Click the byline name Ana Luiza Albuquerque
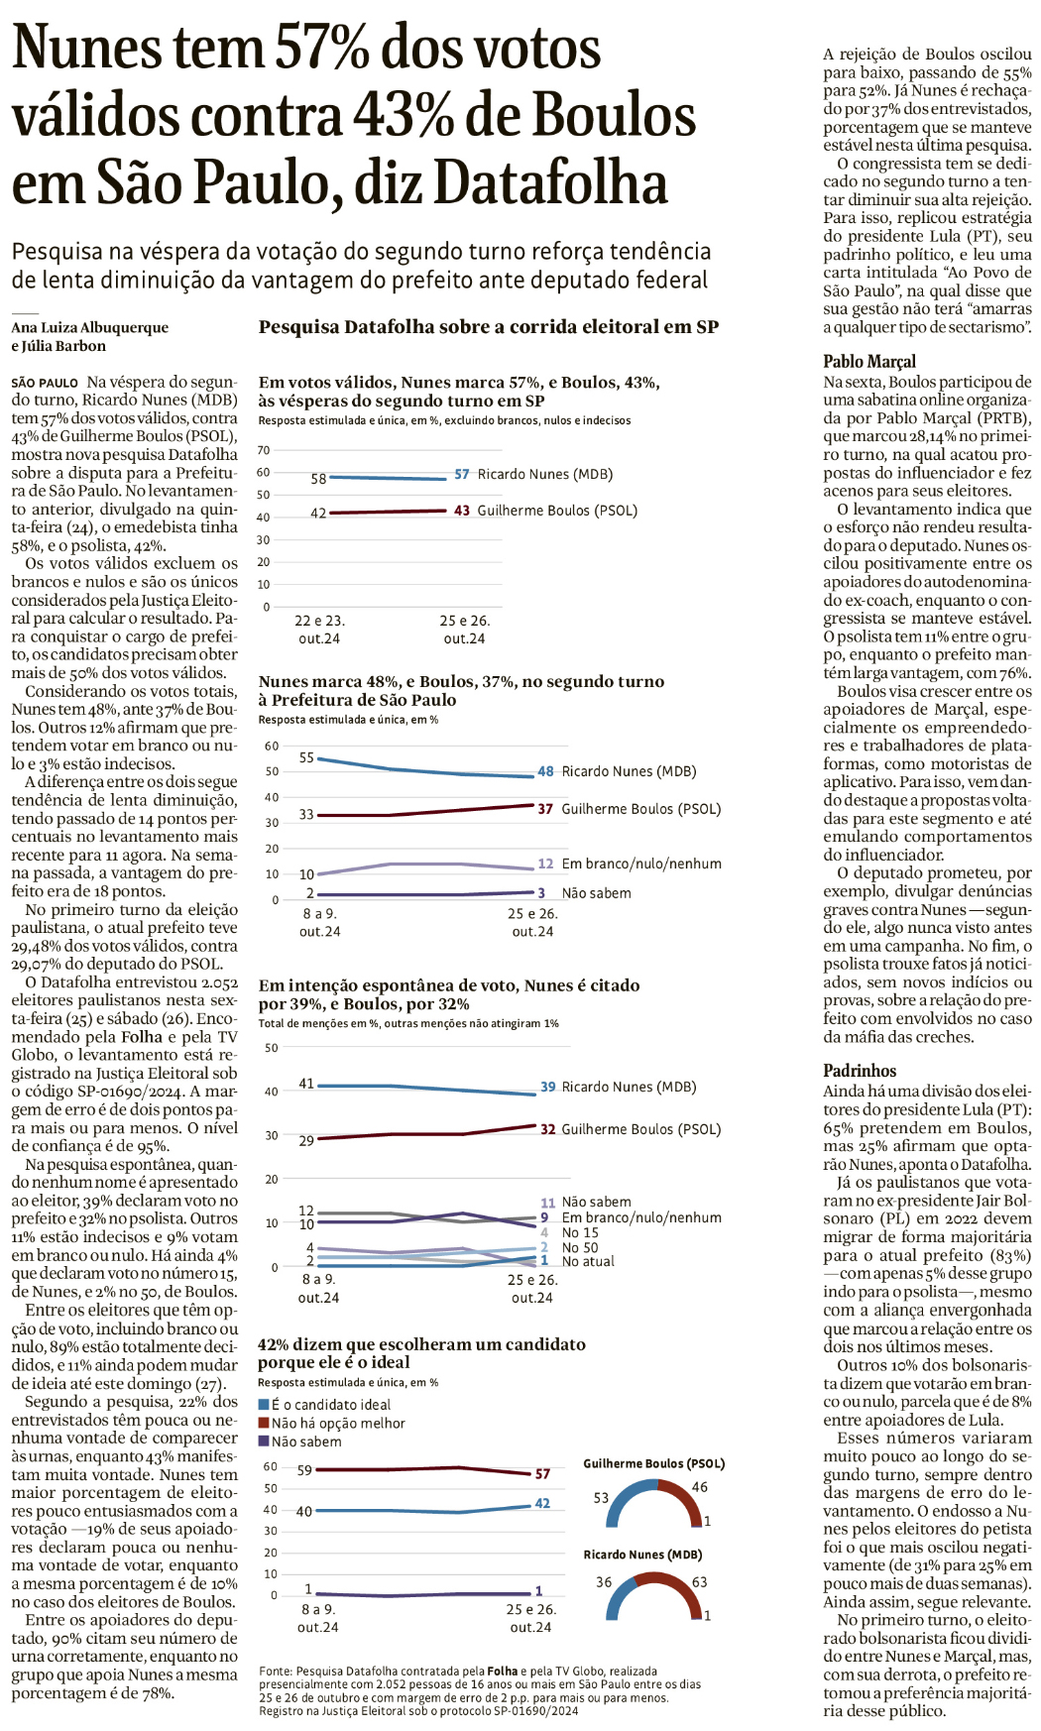click(x=90, y=327)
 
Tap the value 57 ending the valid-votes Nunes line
click(x=462, y=474)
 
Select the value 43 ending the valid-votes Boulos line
click(x=462, y=511)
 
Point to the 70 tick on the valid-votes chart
click(x=264, y=450)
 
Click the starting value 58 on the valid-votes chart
click(x=318, y=478)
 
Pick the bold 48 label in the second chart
click(x=545, y=771)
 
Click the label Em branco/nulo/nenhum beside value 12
click(x=641, y=864)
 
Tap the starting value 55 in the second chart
click(x=306, y=757)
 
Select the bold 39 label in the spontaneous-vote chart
click(x=547, y=1087)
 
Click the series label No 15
click(x=580, y=1232)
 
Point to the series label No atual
click(x=588, y=1261)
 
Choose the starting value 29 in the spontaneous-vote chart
click(x=306, y=1140)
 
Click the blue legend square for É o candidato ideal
click(x=264, y=1405)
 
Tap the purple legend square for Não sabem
click(x=264, y=1442)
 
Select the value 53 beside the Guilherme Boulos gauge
click(x=601, y=1497)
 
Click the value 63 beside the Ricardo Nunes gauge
click(x=700, y=1582)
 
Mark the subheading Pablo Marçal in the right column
click(x=869, y=362)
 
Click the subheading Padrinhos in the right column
click(x=860, y=1071)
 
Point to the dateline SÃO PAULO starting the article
click(x=45, y=383)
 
